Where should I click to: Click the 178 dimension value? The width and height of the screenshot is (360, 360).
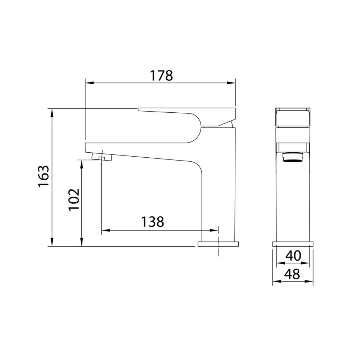coord(161,76)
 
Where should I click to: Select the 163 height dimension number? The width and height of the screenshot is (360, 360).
coord(44,176)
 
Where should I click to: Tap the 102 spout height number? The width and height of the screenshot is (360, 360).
coord(74,199)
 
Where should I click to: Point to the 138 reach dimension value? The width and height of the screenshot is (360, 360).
coord(152,221)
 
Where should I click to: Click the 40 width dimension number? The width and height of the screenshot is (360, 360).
coord(293,256)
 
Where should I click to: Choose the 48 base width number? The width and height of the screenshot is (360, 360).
coord(292,274)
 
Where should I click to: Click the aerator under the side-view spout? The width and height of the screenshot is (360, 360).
coord(102,157)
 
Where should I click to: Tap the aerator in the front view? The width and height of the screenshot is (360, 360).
coord(293,158)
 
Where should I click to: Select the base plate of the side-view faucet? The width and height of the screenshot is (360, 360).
coord(218,244)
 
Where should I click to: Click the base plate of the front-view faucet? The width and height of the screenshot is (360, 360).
coord(293,244)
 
